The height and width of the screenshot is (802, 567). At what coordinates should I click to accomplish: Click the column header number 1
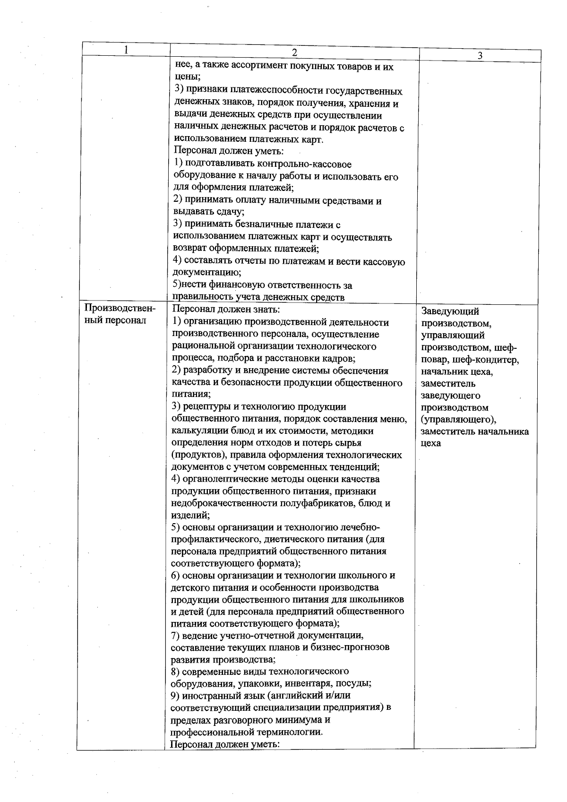tap(126, 50)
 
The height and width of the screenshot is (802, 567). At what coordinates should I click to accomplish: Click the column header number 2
tap(294, 52)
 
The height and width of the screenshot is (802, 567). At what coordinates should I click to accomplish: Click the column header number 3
tap(480, 56)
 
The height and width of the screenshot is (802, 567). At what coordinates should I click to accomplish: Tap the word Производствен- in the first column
tap(120, 309)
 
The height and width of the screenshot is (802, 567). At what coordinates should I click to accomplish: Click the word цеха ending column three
tap(430, 443)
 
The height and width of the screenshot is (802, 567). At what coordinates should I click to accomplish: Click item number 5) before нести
tap(177, 285)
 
